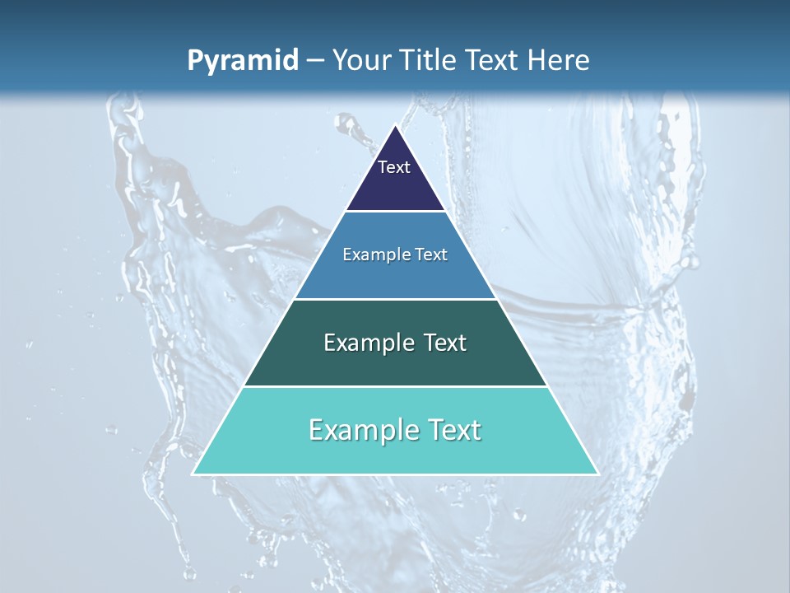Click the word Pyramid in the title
[242, 61]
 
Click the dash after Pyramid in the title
[315, 61]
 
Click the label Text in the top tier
[394, 167]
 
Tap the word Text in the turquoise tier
[454, 430]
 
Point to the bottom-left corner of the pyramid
[193, 474]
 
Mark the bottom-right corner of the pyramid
[597, 474]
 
